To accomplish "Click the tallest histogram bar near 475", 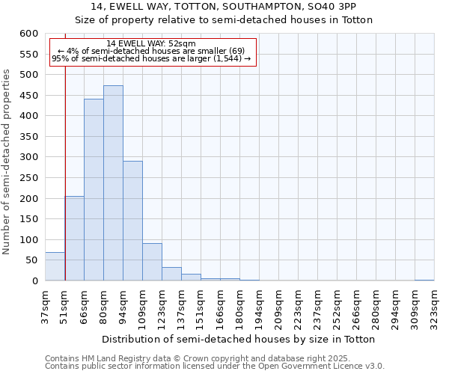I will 113,183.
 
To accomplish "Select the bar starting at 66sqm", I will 94,190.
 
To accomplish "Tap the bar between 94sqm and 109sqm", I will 132,221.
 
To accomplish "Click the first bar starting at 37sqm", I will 55,266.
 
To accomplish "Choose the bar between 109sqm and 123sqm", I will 152,262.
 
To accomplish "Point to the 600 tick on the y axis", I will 28,34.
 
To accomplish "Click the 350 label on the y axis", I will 28,137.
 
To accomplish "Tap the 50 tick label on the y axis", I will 31,260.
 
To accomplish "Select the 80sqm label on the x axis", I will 103,306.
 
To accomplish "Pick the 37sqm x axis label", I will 45,306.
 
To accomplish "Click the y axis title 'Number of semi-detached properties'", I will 7,162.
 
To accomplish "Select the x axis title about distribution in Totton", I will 238,339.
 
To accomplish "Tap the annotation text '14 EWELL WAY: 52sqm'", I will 151,43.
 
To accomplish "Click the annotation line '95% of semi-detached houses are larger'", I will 151,58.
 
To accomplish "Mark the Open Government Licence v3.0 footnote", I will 214,366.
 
